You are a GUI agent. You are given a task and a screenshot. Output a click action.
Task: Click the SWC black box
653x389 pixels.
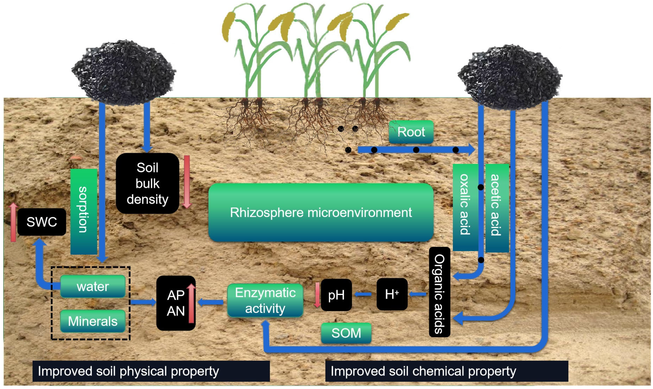(42, 222)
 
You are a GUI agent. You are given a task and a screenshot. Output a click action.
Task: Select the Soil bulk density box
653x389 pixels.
(147, 183)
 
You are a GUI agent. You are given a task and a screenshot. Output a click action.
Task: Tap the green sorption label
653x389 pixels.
(83, 211)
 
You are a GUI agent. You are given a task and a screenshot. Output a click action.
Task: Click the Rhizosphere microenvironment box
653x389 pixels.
(321, 212)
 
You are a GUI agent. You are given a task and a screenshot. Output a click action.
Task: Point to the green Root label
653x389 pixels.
(411, 132)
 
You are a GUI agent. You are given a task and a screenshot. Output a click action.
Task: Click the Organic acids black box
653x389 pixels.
(439, 292)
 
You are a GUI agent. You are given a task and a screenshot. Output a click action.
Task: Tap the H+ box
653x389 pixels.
(392, 294)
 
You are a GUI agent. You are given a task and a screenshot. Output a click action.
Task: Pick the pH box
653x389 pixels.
(336, 295)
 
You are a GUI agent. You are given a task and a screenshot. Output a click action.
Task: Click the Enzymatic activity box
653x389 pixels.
(265, 300)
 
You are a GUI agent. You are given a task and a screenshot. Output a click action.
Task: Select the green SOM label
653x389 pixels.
(346, 333)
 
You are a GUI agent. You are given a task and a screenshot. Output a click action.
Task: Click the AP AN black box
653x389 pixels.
(176, 303)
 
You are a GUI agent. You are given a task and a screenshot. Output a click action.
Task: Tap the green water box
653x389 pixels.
(93, 286)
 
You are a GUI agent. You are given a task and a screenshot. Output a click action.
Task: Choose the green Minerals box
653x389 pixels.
(93, 321)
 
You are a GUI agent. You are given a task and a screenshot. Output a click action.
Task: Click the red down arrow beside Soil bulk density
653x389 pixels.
(187, 181)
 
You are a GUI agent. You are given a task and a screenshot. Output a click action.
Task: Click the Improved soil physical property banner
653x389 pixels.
(151, 371)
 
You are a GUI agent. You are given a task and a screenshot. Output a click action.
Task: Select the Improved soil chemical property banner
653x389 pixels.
(446, 371)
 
